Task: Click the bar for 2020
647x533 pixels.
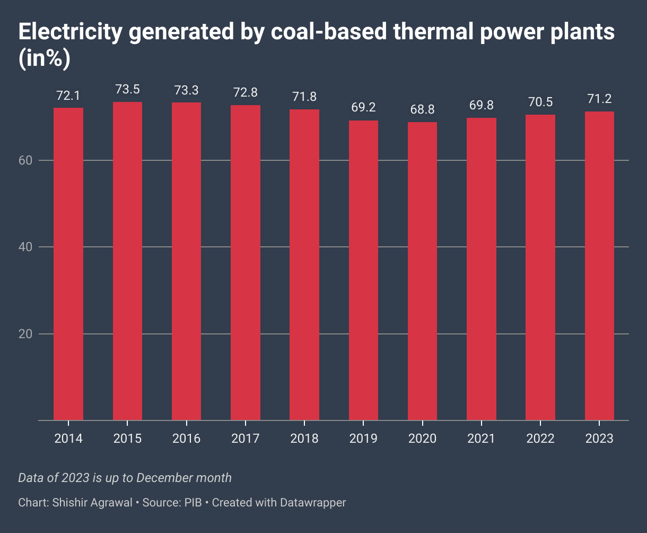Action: click(422, 271)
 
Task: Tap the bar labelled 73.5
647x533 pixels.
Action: click(127, 261)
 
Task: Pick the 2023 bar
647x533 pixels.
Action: click(599, 266)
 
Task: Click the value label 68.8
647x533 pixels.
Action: click(422, 109)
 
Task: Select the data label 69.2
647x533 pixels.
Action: click(363, 108)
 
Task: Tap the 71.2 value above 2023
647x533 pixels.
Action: click(599, 99)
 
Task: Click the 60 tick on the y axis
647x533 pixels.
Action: click(25, 160)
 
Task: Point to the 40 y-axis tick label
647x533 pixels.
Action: click(25, 247)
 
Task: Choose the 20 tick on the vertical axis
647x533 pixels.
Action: click(25, 334)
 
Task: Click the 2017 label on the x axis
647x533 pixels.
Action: click(245, 439)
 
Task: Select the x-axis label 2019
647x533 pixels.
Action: click(363, 439)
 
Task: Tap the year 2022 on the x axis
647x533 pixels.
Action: click(540, 439)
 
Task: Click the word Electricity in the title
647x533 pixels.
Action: click(72, 33)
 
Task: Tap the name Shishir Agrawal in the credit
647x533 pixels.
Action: click(92, 502)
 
